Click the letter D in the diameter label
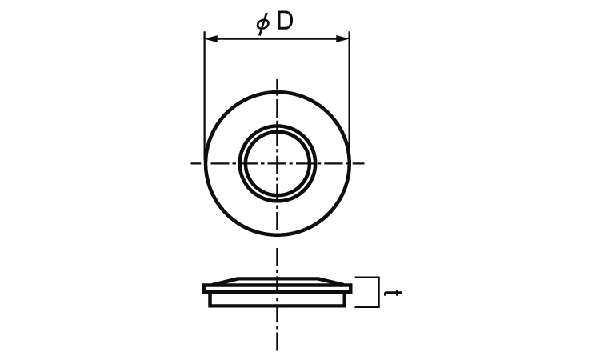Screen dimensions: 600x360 coord(284,22)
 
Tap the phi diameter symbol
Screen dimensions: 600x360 coord(263,24)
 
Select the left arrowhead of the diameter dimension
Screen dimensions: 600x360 coord(211,38)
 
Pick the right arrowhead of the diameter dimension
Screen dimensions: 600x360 coord(342,38)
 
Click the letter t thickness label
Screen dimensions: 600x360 coord(393,293)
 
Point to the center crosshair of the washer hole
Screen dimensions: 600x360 coord(277,163)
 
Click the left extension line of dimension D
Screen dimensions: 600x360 coord(205,96)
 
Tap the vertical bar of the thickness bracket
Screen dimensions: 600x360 coord(379,292)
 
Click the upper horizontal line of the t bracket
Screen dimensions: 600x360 coord(367,277)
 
